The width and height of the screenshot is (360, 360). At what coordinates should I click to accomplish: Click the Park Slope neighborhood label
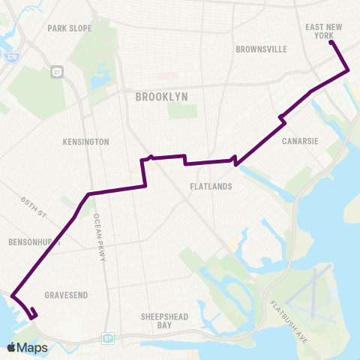[70, 28]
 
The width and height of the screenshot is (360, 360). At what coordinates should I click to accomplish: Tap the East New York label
[324, 31]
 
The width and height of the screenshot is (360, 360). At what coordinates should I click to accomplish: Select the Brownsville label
[261, 49]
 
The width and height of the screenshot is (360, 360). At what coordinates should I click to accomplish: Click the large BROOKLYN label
[161, 97]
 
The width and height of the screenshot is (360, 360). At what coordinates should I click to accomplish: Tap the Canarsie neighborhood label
[298, 141]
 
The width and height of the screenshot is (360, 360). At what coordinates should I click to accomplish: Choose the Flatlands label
[211, 186]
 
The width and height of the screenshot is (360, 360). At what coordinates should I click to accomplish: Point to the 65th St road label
[34, 207]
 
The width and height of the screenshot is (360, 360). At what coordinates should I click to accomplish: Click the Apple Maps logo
[28, 346]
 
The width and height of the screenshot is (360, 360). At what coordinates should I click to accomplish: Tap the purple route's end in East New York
[331, 43]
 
